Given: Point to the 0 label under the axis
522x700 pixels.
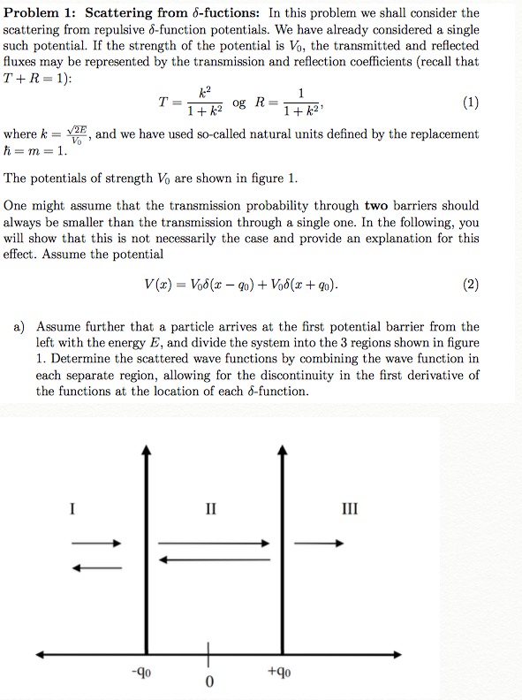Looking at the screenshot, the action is coord(208,682).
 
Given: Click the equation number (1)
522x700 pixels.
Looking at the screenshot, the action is coord(470,102).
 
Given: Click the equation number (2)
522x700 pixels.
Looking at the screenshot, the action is coord(470,285).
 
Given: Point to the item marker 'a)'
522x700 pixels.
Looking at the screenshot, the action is coord(19,327).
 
